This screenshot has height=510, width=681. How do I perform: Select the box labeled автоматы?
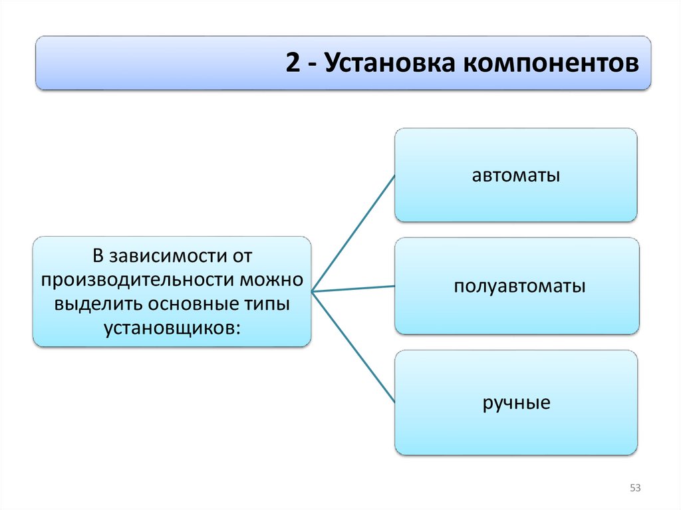coord(515,199)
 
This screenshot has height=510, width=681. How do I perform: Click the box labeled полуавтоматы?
coord(517,313)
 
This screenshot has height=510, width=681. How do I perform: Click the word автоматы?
coord(515,176)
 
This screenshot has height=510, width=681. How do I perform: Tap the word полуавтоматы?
coord(520,287)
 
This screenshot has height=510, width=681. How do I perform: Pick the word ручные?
coord(517,403)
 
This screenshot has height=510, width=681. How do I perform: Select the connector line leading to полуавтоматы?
coord(352,289)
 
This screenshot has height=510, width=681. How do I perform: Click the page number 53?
coord(634,489)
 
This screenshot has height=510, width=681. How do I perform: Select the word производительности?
coord(140,279)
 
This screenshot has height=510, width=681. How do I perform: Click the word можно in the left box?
coord(273,279)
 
